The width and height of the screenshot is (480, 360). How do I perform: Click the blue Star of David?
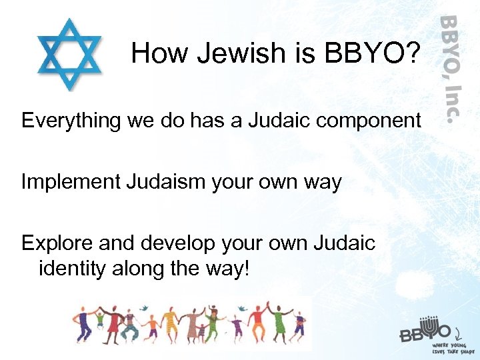click(69, 54)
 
